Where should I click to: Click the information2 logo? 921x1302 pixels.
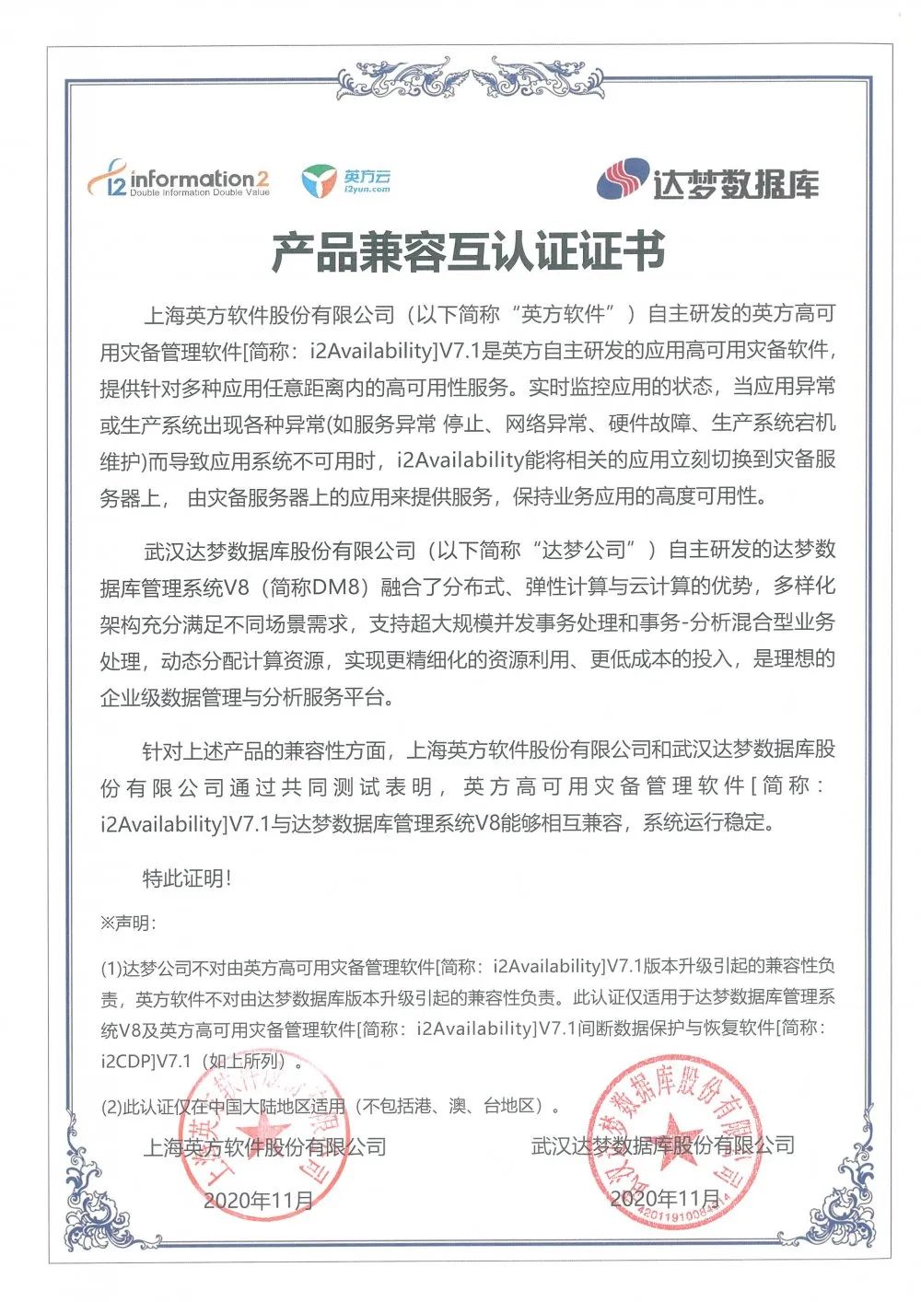(179, 179)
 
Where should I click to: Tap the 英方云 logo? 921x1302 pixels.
(346, 180)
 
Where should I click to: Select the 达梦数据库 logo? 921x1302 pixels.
(707, 180)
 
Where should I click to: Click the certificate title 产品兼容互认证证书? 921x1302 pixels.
(467, 251)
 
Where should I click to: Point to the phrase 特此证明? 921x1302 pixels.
(186, 878)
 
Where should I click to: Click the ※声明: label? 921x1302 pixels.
(128, 923)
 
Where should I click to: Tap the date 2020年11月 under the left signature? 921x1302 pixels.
(258, 1200)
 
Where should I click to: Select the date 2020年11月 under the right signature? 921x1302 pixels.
(665, 1198)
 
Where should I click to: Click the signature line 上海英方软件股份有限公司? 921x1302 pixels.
(264, 1147)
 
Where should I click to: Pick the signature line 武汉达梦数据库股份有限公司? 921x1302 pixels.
(663, 1145)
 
